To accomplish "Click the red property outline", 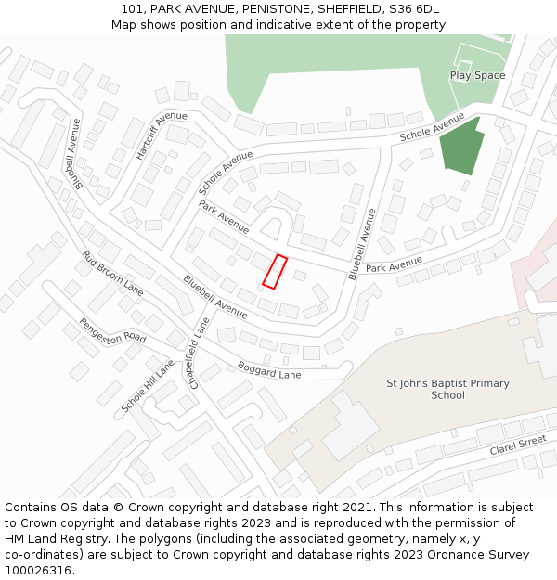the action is (275, 271).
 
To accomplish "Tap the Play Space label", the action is (477, 75).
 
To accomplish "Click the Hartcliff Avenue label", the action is (161, 135).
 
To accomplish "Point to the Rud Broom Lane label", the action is (112, 274).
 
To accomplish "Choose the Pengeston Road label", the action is (112, 330).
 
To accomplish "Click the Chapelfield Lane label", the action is (197, 352).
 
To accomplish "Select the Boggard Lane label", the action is (269, 369).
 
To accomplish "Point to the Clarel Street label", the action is (518, 445).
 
